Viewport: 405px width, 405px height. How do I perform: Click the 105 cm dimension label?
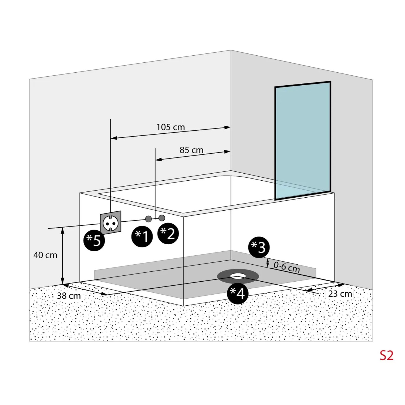tap(171, 127)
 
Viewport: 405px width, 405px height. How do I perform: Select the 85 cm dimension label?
tap(191, 150)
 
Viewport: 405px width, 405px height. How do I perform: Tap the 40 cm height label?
tap(45, 255)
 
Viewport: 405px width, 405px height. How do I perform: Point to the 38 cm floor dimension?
tap(69, 296)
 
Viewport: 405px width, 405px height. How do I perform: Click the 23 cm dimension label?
tap(340, 294)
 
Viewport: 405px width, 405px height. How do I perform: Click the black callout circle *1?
tap(142, 236)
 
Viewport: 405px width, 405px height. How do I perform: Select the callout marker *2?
tap(168, 233)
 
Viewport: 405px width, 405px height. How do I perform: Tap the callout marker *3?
tap(259, 247)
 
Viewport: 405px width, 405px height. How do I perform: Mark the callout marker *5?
tap(94, 240)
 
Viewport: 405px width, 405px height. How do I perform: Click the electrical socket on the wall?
tap(110, 222)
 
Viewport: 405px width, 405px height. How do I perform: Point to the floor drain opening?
tap(238, 276)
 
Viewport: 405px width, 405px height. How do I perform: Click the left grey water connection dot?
tap(148, 219)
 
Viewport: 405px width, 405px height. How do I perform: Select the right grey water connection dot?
tap(162, 218)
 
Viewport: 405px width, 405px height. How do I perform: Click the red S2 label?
tap(386, 356)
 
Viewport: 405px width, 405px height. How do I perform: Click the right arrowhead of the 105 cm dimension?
tap(228, 127)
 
